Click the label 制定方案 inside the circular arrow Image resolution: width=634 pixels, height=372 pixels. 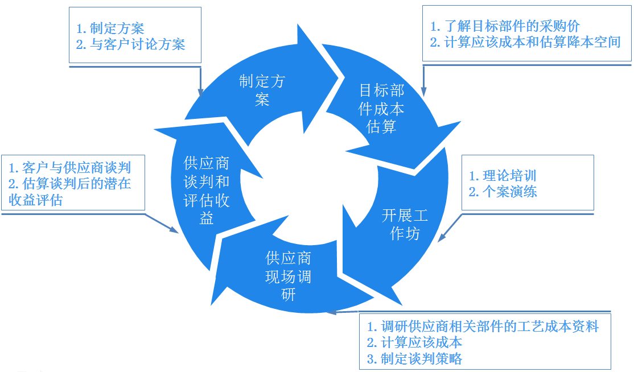tap(262, 90)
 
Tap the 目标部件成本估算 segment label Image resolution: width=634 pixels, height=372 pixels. tap(381, 108)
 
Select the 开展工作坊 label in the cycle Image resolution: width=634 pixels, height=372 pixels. tap(405, 224)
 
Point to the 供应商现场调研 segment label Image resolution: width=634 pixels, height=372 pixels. tap(288, 276)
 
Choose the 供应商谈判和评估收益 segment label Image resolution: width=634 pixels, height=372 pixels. tap(207, 190)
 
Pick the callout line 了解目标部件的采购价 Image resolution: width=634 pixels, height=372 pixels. tap(505, 26)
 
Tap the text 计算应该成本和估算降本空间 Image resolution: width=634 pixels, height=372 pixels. tap(525, 42)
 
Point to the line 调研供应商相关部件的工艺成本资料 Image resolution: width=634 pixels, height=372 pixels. tap(483, 326)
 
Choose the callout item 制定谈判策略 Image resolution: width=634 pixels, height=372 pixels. tap(414, 359)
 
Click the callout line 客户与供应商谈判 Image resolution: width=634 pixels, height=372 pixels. tap(70, 167)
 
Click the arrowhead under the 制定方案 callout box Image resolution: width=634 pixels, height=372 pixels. tap(200, 92)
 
